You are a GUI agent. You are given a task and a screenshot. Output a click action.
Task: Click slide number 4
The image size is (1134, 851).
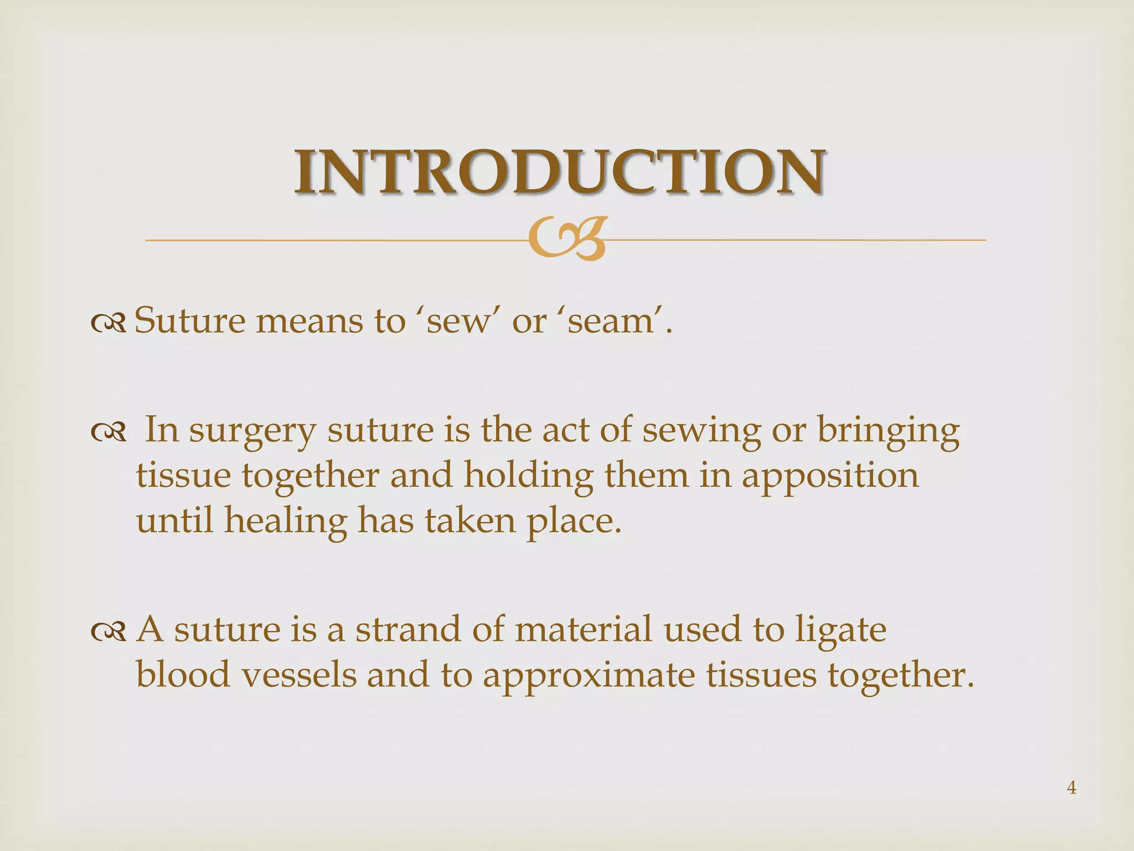(x=1071, y=787)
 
